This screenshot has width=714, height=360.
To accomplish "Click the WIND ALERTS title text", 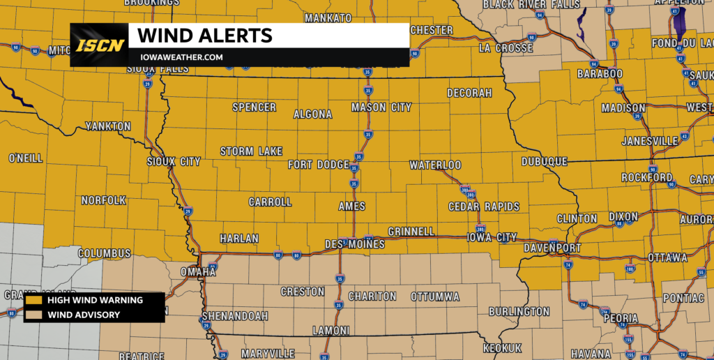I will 204,35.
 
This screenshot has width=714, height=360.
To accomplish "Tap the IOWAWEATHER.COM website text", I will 181,57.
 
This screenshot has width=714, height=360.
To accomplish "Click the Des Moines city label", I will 355,244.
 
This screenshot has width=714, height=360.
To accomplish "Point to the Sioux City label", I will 174,161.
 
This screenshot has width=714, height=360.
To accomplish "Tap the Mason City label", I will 381,107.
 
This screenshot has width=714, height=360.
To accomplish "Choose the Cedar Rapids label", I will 484,207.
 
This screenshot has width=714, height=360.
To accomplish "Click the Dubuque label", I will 545,161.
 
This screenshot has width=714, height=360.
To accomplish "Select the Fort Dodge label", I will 318,165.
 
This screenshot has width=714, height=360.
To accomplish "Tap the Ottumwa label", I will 435,296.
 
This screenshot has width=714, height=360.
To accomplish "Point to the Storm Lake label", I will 251,151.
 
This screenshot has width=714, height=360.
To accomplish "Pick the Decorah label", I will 469,93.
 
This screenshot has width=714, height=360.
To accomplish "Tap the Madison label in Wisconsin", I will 623,108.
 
